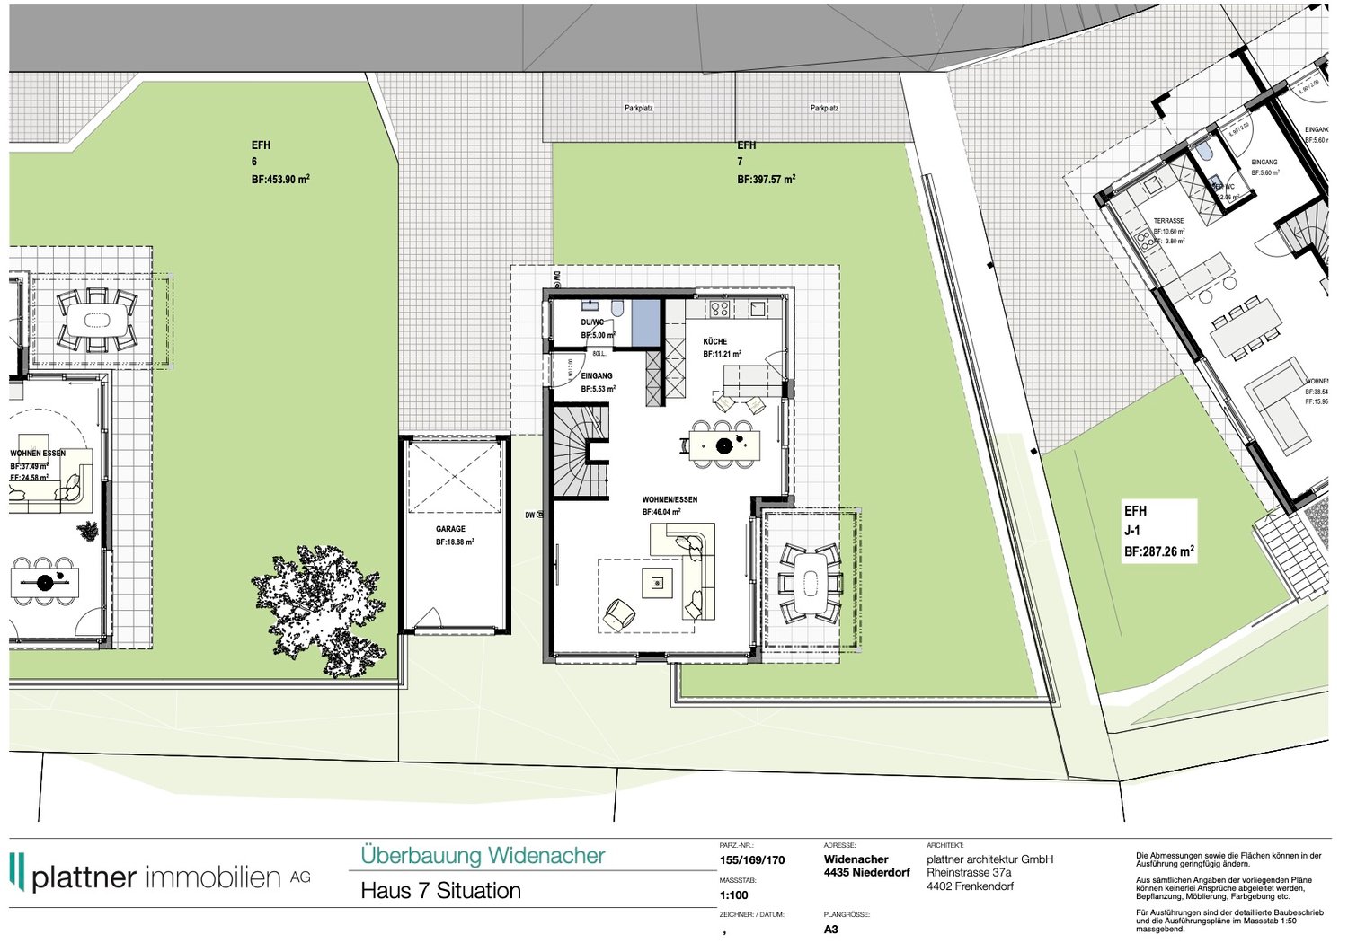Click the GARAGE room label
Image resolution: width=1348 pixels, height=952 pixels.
pos(450,529)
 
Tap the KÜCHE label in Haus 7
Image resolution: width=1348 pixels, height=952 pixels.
pos(715,342)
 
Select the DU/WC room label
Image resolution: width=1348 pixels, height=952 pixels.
pos(592,322)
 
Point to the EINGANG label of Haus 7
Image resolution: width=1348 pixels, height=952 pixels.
pos(597,376)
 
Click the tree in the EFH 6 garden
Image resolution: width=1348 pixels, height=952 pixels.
pos(320,608)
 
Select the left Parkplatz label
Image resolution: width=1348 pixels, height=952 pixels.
pos(638,108)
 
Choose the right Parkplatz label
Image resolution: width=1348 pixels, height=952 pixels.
pos(824,108)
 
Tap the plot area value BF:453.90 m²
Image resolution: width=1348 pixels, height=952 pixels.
pos(280,180)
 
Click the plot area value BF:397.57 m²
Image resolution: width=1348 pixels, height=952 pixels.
pos(766,180)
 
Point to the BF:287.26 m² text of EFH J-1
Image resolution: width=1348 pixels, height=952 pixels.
pos(1158,551)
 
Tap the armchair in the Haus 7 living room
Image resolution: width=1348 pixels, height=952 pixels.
pos(619,613)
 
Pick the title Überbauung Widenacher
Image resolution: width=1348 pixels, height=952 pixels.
pos(483,856)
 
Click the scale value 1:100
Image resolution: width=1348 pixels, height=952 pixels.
pos(733,895)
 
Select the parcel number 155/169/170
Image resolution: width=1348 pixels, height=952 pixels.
pos(751,859)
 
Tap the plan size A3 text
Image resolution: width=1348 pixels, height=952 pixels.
pos(830,930)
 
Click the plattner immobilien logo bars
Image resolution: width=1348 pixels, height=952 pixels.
pos(16,871)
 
